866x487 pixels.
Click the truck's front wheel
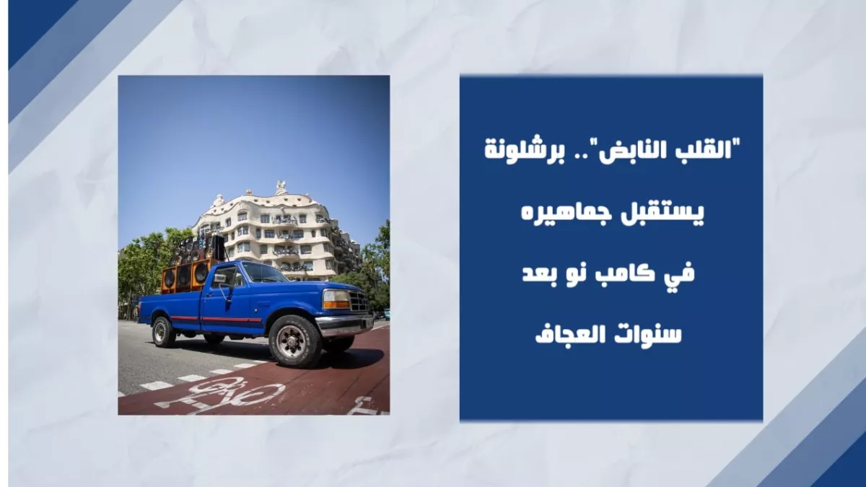pyautogui.click(x=294, y=341)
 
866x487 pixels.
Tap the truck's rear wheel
pyautogui.click(x=163, y=332)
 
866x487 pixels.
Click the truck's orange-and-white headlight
pyautogui.click(x=336, y=299)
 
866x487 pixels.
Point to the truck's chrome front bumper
pyautogui.click(x=344, y=325)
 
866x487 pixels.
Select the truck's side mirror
pyautogui.click(x=220, y=279)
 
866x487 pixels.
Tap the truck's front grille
pyautogui.click(x=359, y=301)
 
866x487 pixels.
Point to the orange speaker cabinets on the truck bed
pyautogui.click(x=185, y=276)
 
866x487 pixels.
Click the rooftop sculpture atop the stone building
pyautogui.click(x=281, y=188)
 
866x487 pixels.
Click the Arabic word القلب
pyautogui.click(x=712, y=149)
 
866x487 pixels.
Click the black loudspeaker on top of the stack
pyautogui.click(x=219, y=247)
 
